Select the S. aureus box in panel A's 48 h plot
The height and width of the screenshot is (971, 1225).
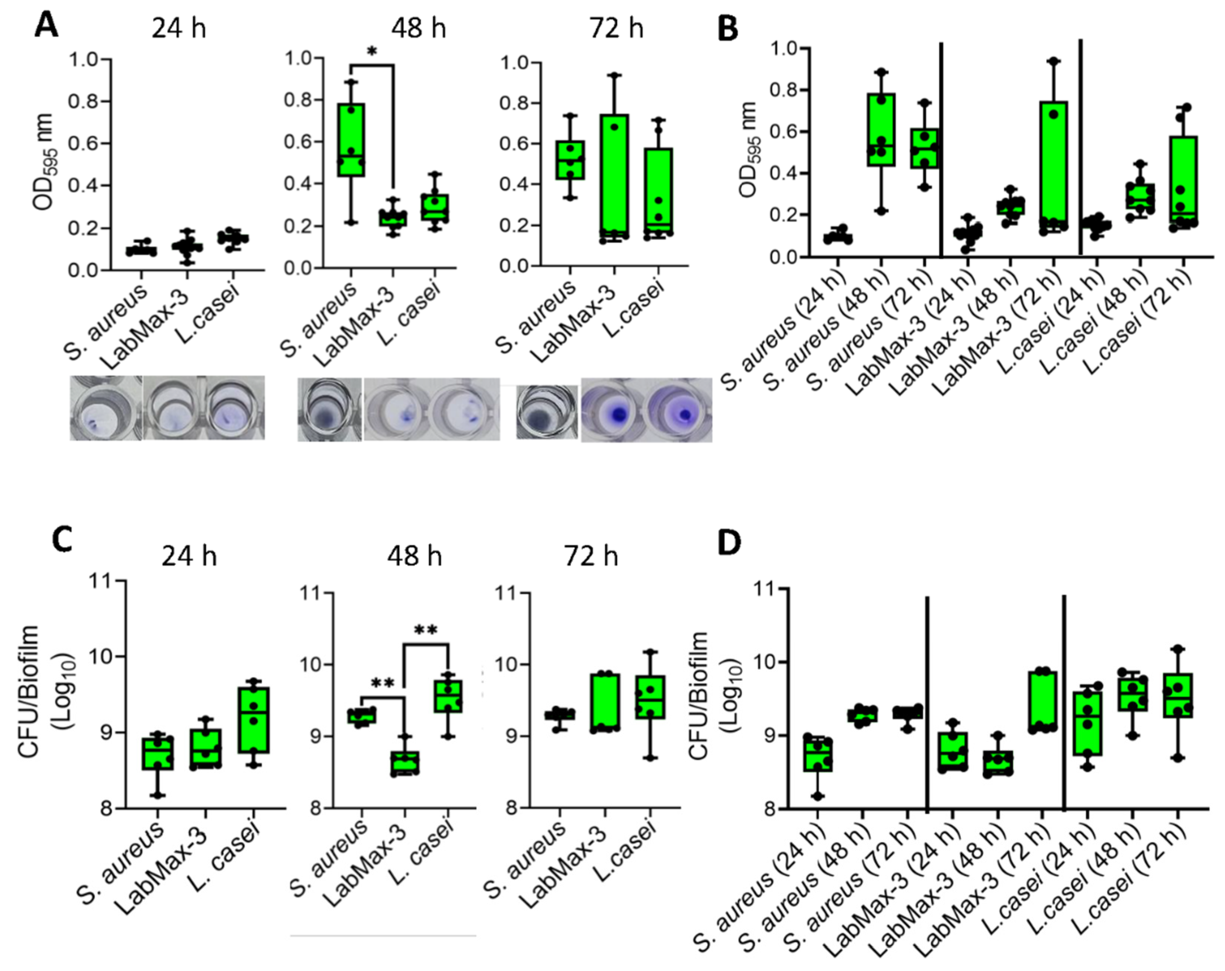351,140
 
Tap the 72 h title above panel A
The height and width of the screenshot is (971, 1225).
616,28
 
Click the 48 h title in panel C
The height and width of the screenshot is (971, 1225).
414,555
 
